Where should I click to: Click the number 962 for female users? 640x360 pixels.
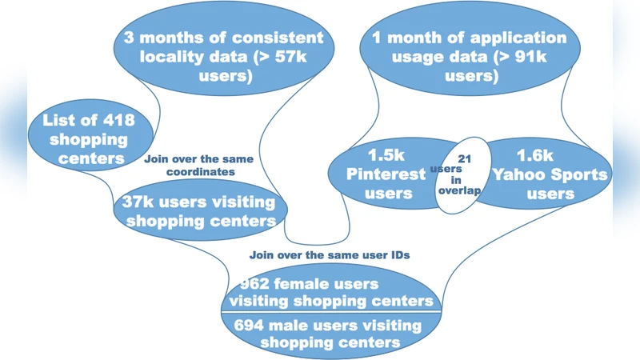tap(245, 284)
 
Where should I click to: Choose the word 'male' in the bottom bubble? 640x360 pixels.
tap(295, 326)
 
